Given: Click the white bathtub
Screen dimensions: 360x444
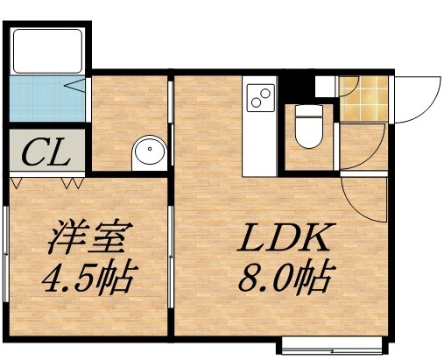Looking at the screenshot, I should (x=47, y=50).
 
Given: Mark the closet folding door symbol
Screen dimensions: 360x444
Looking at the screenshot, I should (x=46, y=183).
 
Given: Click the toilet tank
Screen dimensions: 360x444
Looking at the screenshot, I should (x=308, y=111).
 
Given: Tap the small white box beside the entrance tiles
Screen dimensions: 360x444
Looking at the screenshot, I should (x=326, y=85).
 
